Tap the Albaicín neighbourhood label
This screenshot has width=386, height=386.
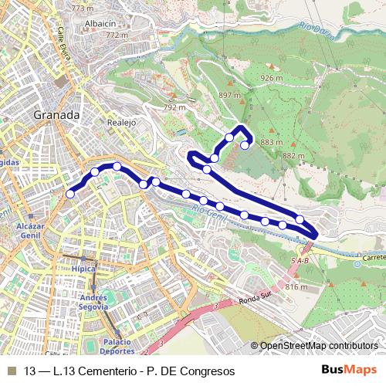(x=101, y=24)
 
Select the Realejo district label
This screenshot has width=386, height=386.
(x=121, y=122)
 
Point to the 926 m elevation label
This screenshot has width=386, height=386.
(x=272, y=78)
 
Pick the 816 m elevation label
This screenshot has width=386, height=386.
(x=296, y=287)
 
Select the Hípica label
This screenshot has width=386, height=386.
(x=83, y=269)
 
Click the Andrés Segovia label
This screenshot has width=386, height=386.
(x=93, y=302)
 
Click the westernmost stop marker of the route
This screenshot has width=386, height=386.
(x=70, y=195)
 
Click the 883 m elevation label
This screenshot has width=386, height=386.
(x=272, y=143)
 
